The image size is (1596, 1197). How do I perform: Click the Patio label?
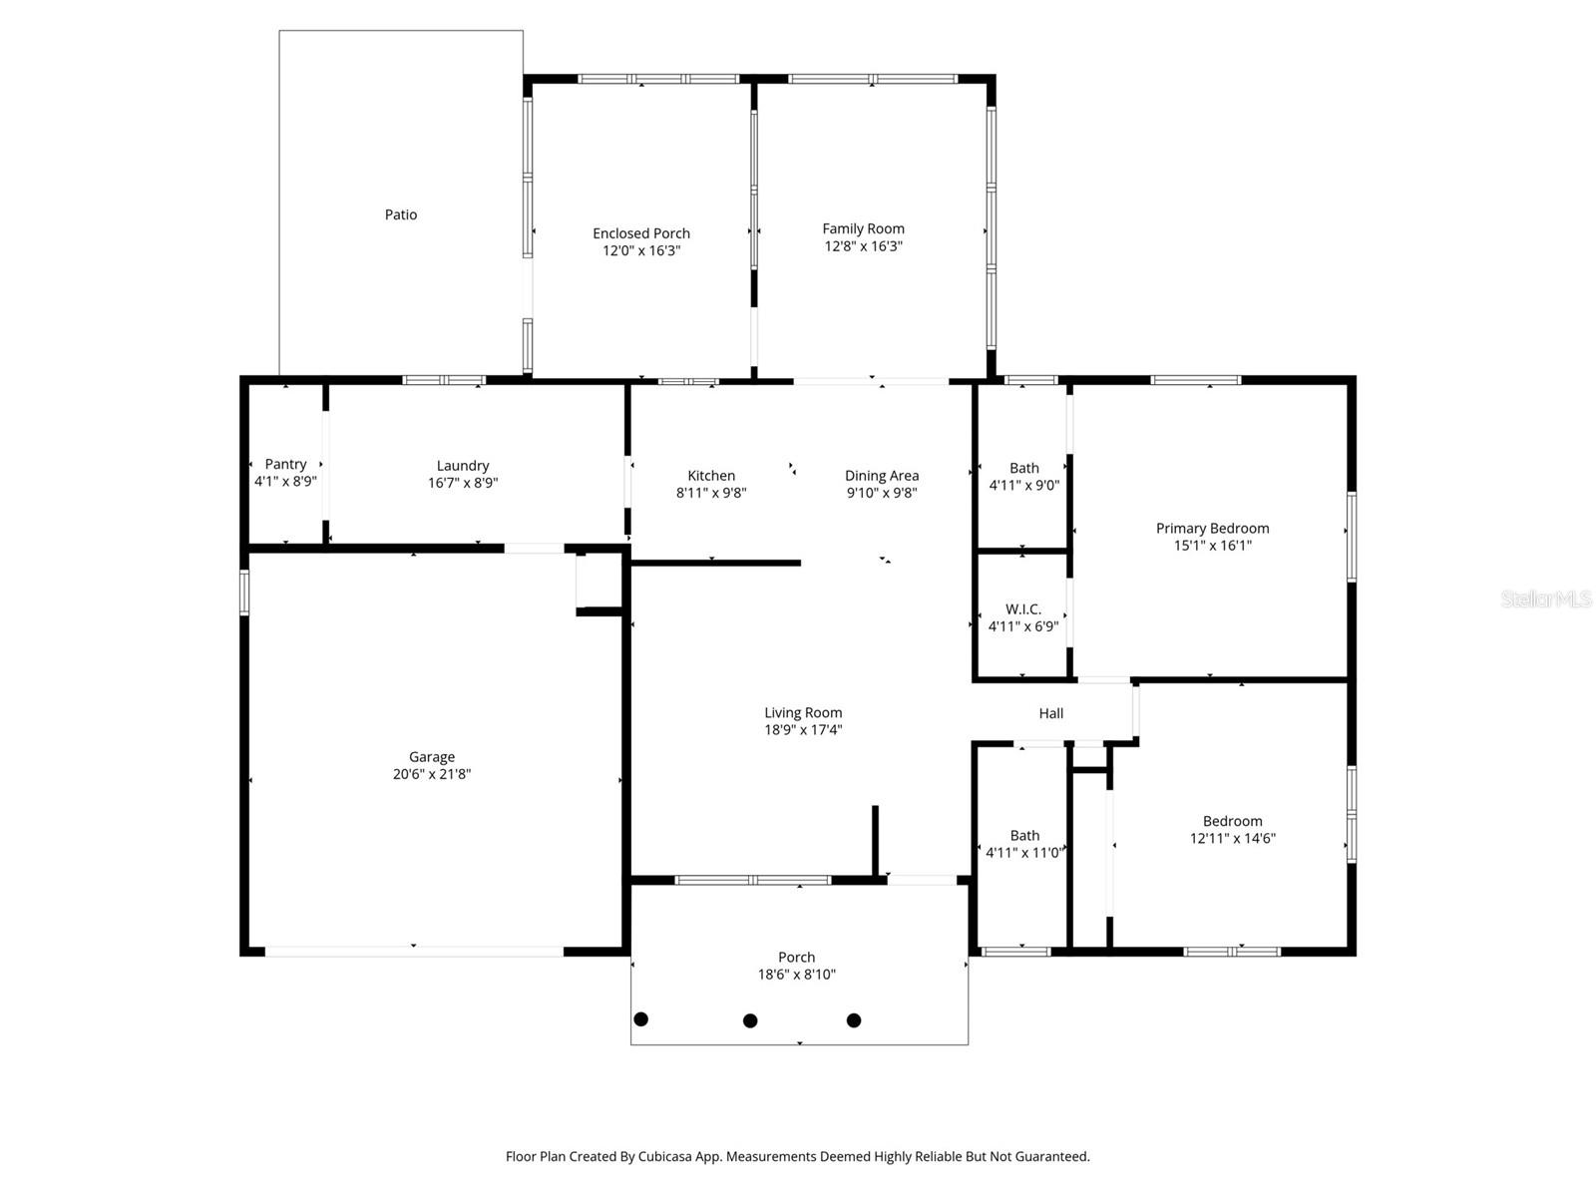[x=401, y=214]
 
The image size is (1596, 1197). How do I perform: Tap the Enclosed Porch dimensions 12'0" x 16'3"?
[x=641, y=250]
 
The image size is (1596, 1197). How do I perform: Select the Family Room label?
[x=863, y=228]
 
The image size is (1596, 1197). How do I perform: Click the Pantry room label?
[x=285, y=464]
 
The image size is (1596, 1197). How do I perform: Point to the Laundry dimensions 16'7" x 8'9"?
[x=463, y=483]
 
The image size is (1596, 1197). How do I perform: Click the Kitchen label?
[x=711, y=476]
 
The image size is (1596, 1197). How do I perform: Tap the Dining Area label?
[x=882, y=476]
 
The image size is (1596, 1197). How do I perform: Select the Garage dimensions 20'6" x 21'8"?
[x=431, y=774]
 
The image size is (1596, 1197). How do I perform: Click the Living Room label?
[x=803, y=712]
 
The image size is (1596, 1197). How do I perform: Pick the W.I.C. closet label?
[x=1023, y=608]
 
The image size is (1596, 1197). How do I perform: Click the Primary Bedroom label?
[x=1212, y=529]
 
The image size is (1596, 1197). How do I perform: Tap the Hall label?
[x=1051, y=713]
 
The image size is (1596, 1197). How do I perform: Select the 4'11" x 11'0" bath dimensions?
[x=1024, y=853]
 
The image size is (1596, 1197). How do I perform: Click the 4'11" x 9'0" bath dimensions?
[x=1024, y=486]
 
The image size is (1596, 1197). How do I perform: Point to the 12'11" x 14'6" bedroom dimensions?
[x=1232, y=839]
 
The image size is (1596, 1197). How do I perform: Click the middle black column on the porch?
[x=750, y=1020]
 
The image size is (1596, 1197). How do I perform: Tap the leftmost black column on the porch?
[x=641, y=1019]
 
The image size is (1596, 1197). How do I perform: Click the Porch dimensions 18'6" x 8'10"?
[x=796, y=975]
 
